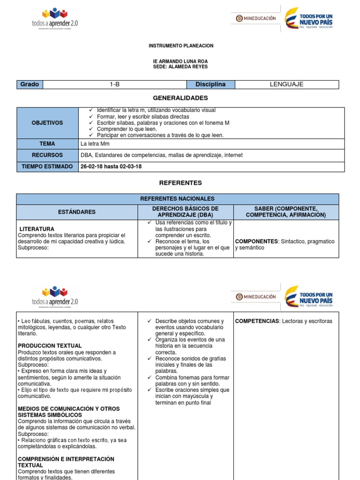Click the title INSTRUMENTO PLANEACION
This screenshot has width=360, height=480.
(x=180, y=46)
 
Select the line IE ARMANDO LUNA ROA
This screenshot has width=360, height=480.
(x=180, y=61)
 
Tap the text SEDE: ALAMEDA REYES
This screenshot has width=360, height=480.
(x=180, y=67)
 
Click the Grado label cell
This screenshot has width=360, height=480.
(x=30, y=84)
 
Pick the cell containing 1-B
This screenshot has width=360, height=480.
(x=114, y=84)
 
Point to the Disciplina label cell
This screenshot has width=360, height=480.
(x=210, y=84)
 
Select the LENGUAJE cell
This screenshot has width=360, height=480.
(x=286, y=84)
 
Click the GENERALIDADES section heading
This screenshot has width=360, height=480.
(x=180, y=98)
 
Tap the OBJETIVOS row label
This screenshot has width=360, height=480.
(x=47, y=123)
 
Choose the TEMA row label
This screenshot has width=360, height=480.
(x=47, y=144)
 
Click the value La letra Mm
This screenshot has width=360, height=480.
(x=95, y=144)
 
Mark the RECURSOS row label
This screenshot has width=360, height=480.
(x=47, y=155)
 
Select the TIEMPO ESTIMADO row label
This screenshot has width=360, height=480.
(x=47, y=166)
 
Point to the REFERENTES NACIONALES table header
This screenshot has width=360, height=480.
(x=177, y=199)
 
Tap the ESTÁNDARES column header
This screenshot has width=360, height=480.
(x=77, y=212)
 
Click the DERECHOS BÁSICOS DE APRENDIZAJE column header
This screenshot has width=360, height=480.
(x=185, y=211)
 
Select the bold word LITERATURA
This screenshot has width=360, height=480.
(x=37, y=229)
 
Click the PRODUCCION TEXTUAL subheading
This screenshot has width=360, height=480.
(x=50, y=346)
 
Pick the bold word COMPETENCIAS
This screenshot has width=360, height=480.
(x=256, y=321)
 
